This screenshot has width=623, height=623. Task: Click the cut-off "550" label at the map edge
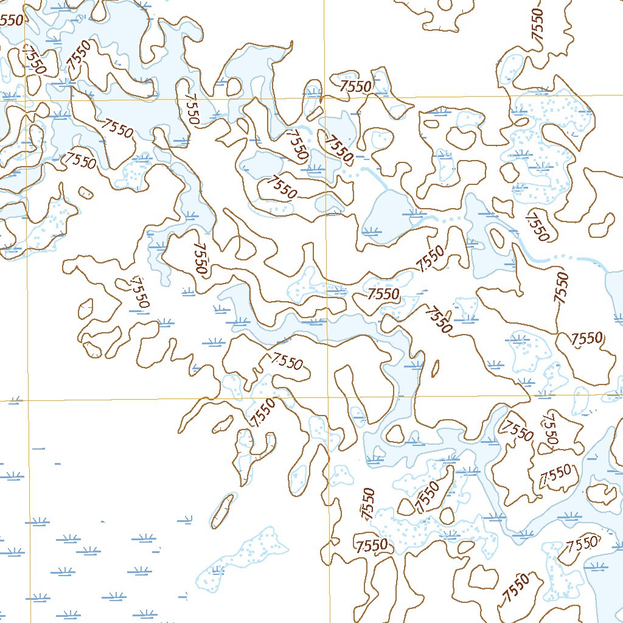12,20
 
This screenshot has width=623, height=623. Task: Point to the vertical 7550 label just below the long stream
561,287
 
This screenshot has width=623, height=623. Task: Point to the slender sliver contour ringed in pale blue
223,510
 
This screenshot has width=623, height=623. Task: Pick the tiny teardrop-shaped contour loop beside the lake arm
436,368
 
